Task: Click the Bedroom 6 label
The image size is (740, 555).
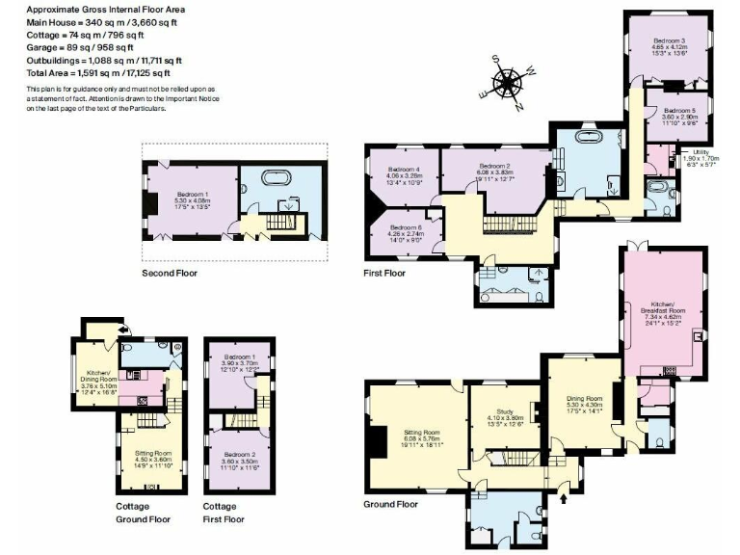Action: click(404, 232)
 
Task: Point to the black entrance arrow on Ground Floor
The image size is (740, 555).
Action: click(564, 498)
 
